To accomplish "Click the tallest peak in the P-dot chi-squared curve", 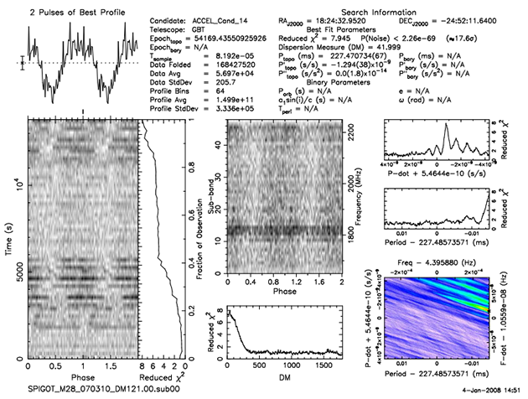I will coord(446,126).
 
